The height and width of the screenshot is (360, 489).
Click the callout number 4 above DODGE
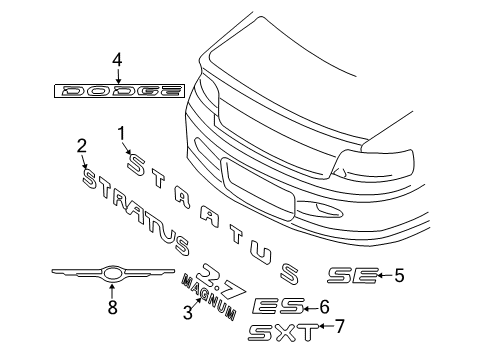(117, 61)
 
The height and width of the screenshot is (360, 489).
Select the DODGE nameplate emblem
(118, 91)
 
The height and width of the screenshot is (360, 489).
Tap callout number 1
(122, 132)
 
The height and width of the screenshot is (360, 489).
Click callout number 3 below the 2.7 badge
(186, 313)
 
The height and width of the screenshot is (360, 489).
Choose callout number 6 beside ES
(323, 307)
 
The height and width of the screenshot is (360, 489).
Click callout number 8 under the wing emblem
(112, 308)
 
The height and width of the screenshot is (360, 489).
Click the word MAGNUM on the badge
(209, 297)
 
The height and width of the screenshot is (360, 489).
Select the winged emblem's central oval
(112, 273)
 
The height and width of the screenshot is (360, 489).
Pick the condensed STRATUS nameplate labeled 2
(140, 210)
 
